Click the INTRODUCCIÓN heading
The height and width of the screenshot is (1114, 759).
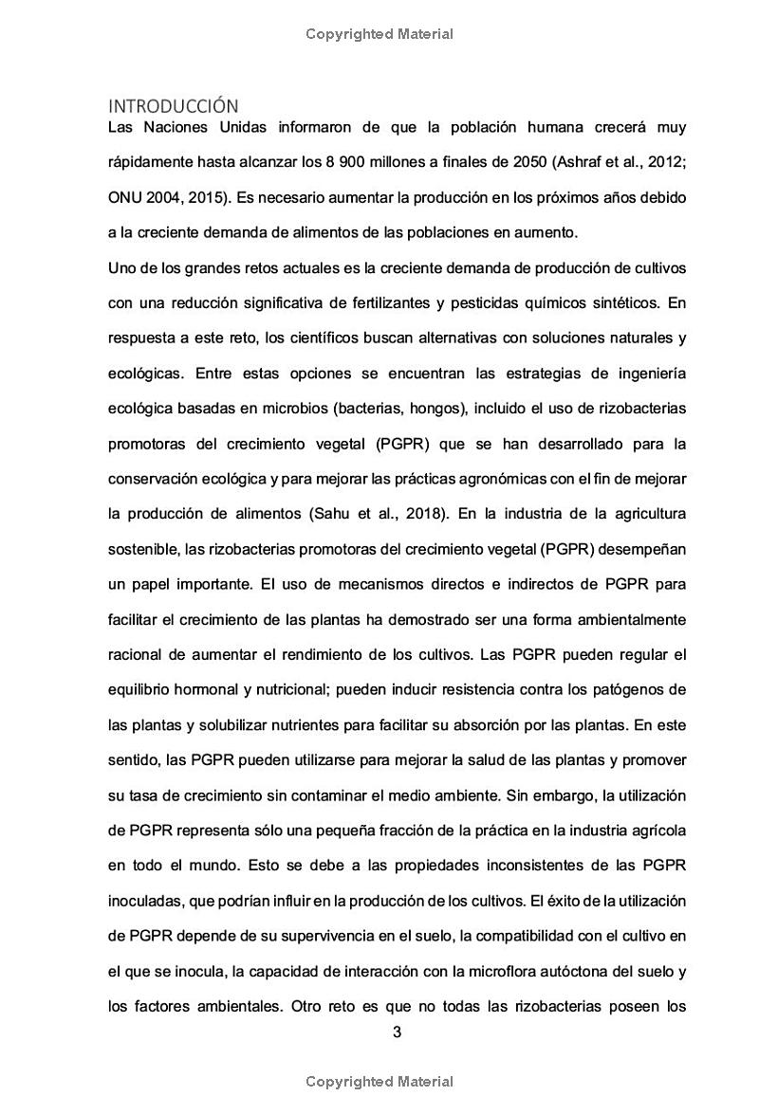pos(174,105)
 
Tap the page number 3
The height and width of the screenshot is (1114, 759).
pos(397,1032)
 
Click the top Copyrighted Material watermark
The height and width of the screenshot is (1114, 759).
pos(379,34)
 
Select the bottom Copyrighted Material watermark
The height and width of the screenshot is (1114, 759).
pos(379,1082)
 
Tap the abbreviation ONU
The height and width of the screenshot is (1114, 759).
pos(125,197)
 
